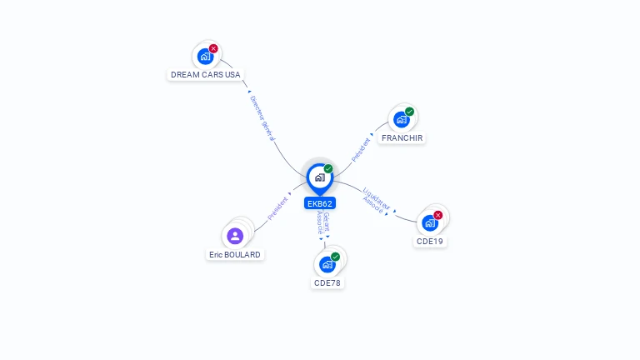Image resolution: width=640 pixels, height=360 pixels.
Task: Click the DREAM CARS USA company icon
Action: pyautogui.click(x=204, y=57)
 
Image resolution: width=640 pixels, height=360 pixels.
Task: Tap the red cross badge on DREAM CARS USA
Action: pyautogui.click(x=213, y=49)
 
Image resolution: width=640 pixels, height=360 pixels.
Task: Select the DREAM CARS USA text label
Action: pyautogui.click(x=206, y=75)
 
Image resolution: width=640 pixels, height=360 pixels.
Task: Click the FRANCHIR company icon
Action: pyautogui.click(x=402, y=119)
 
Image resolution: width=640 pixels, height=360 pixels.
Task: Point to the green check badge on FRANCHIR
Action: pyautogui.click(x=410, y=112)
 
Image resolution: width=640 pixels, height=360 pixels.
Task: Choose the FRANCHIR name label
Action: pyautogui.click(x=402, y=137)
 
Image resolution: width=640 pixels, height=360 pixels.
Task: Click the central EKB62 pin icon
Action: pyautogui.click(x=319, y=177)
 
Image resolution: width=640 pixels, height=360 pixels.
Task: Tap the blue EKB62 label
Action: pyautogui.click(x=320, y=203)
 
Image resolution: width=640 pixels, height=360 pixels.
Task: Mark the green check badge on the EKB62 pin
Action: pyautogui.click(x=328, y=168)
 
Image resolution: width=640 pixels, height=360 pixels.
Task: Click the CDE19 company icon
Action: pyautogui.click(x=430, y=222)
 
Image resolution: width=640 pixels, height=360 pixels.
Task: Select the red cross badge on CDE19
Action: pyautogui.click(x=438, y=215)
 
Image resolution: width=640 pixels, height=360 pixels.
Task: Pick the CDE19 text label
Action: pyautogui.click(x=430, y=242)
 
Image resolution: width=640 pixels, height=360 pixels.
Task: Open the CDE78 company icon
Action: pyautogui.click(x=327, y=264)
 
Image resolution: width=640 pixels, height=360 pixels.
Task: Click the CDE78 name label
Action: pyautogui.click(x=327, y=283)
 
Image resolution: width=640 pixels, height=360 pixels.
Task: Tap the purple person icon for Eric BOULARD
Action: pyautogui.click(x=235, y=236)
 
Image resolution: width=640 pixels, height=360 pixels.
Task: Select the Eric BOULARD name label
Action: pyautogui.click(x=235, y=255)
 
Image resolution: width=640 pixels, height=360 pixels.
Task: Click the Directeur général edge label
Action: pyautogui.click(x=262, y=117)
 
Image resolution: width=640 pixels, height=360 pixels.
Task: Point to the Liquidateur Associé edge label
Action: pyautogui.click(x=376, y=201)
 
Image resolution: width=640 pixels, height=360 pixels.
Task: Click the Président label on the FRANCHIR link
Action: pyautogui.click(x=362, y=149)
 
